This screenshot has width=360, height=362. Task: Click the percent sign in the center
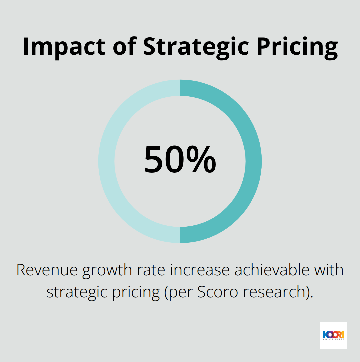point(201,160)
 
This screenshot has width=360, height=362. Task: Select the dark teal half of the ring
point(253,161)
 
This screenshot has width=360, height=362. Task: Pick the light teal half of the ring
point(107,161)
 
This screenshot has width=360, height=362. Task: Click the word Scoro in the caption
point(217,292)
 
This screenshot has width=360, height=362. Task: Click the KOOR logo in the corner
point(333,335)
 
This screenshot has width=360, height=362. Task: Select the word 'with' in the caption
point(328,270)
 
